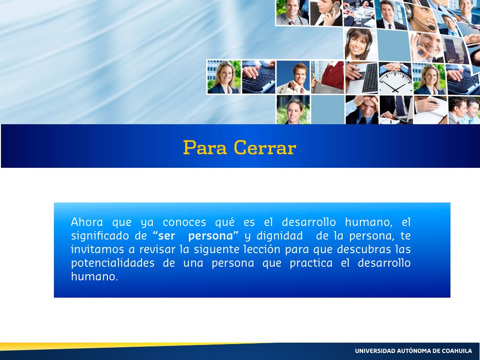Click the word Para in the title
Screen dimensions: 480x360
[x=205, y=148]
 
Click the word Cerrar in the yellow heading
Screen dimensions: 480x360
[x=265, y=148]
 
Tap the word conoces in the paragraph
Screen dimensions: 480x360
[x=184, y=222]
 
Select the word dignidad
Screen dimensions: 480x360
[x=279, y=236]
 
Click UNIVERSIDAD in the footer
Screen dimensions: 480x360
[x=375, y=351]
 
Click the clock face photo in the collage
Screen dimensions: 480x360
[x=396, y=78]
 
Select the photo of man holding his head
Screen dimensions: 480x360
[x=362, y=110]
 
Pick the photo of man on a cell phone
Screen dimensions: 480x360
[x=326, y=13]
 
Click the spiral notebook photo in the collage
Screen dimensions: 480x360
[x=430, y=110]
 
